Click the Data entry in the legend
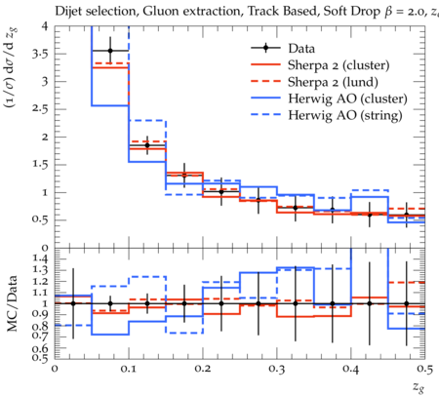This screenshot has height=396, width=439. click(x=301, y=49)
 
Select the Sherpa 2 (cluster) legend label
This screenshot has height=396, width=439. click(x=339, y=65)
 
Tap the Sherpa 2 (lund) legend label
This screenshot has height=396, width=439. click(x=333, y=82)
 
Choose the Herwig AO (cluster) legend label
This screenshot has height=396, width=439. click(x=347, y=99)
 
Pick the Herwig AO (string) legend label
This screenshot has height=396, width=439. click(x=345, y=115)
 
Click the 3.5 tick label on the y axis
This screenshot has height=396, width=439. click(x=40, y=54)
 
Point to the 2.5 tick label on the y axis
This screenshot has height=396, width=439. click(x=40, y=109)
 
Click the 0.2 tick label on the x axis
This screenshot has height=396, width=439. click(x=203, y=369)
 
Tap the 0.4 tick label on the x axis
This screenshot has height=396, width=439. click(x=351, y=369)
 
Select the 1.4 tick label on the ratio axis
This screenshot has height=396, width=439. click(x=40, y=258)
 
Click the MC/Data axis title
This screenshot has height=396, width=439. click(x=12, y=303)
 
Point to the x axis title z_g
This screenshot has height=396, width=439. click(x=419, y=387)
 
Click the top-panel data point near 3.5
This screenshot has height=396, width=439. click(x=110, y=51)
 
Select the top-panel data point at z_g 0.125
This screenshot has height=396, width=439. click(x=147, y=145)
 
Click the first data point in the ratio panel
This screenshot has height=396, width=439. click(x=73, y=303)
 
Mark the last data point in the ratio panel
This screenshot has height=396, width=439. click(x=406, y=303)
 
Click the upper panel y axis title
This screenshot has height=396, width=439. click(x=12, y=68)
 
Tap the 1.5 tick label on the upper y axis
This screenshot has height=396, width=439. click(x=40, y=164)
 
